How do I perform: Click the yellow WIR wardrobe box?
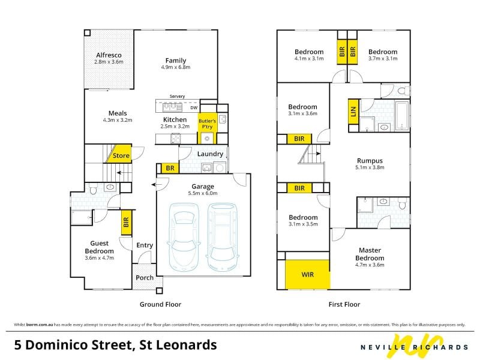[x=307, y=274]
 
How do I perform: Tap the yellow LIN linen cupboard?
[x=353, y=112]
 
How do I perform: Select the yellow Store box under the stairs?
[x=119, y=154]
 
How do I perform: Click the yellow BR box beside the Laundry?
[x=170, y=168]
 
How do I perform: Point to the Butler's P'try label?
[x=207, y=124]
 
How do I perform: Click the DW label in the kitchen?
[x=194, y=108]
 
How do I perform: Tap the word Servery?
[x=177, y=96]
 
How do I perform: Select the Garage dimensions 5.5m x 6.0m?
[x=203, y=193]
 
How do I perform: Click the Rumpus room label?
[x=370, y=160]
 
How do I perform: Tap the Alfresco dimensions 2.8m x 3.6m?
[x=109, y=62]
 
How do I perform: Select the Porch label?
[x=145, y=278]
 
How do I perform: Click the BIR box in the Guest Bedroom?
[x=127, y=222]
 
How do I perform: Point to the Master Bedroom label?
[x=370, y=254]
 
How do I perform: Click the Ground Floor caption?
[x=160, y=304]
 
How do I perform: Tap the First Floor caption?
[x=344, y=304]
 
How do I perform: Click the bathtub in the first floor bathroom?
[x=402, y=115]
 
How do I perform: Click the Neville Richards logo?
[x=414, y=346]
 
